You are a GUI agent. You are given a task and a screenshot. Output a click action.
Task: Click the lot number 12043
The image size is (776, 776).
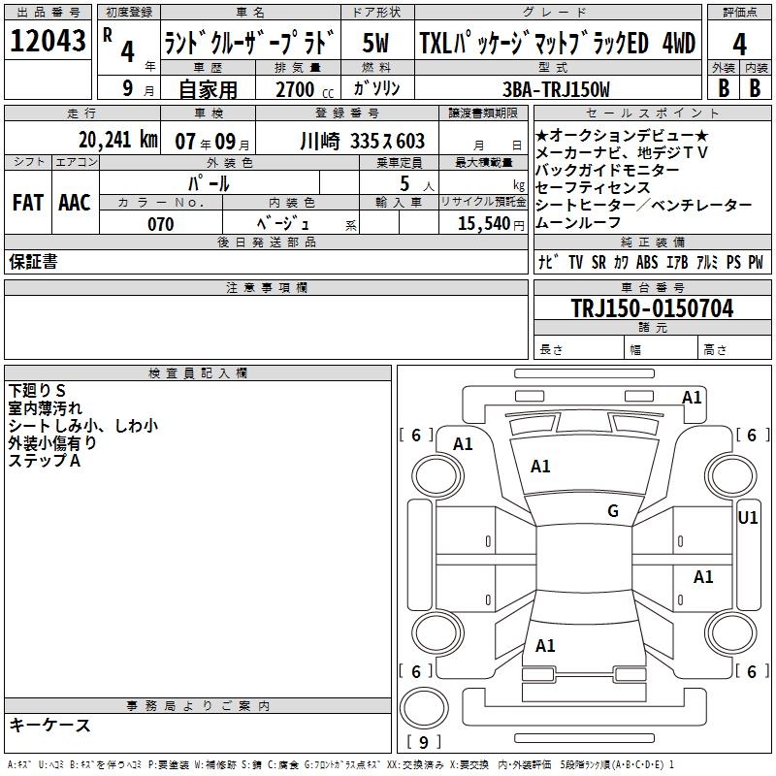point(48,41)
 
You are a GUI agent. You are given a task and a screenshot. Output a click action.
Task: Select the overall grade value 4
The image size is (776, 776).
point(739,45)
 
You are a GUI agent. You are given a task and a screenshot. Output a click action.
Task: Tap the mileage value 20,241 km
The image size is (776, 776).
point(117,140)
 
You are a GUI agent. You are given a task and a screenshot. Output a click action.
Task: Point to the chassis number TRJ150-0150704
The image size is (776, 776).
point(652,307)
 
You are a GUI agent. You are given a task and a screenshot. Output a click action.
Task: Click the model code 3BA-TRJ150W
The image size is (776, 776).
point(556,89)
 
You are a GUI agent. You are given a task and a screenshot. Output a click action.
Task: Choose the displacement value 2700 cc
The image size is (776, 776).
point(305,89)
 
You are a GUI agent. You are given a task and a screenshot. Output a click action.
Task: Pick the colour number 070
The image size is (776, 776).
point(161,224)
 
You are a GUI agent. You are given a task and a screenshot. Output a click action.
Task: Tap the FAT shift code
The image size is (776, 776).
point(28,203)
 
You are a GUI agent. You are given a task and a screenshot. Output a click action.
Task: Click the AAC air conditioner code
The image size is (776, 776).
point(75,203)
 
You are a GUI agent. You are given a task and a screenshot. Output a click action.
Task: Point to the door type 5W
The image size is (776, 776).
point(375,43)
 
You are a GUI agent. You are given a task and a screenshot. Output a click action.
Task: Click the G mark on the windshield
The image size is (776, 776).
point(613,511)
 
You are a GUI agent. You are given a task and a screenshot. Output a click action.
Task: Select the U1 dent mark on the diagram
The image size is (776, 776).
point(747,518)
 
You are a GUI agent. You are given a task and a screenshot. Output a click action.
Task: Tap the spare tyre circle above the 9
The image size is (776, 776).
point(424,708)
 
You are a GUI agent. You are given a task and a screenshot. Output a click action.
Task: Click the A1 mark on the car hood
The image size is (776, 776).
point(540,467)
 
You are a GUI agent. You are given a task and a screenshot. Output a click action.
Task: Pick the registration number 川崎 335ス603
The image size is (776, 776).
point(362,141)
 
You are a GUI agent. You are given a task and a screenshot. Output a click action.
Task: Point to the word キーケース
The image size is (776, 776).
point(49,726)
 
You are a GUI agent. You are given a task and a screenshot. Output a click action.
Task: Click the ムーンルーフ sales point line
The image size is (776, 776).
point(577,223)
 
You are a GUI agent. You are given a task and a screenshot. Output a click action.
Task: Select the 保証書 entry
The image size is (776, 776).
point(33,262)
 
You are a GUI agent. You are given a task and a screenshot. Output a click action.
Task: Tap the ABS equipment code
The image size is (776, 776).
point(647,262)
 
